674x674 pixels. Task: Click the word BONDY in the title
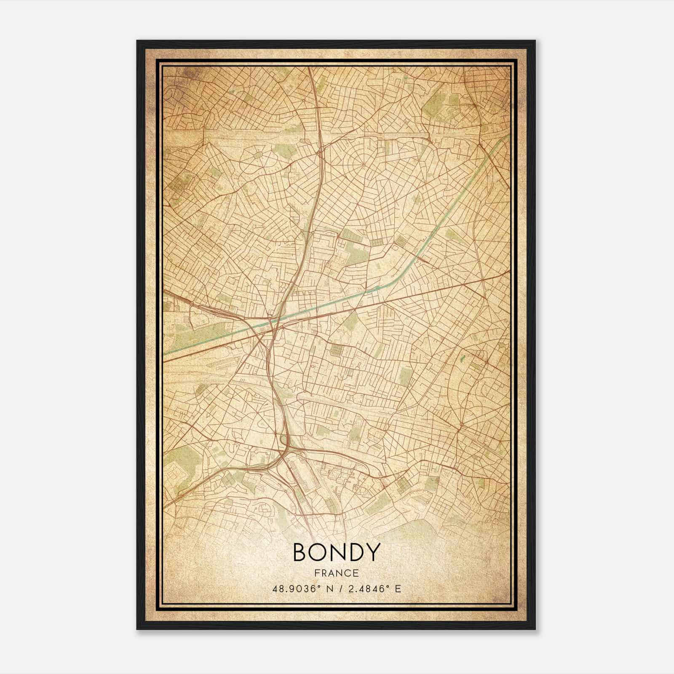click(x=336, y=552)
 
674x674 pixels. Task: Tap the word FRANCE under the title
click(x=336, y=573)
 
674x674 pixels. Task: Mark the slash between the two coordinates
click(x=337, y=588)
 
